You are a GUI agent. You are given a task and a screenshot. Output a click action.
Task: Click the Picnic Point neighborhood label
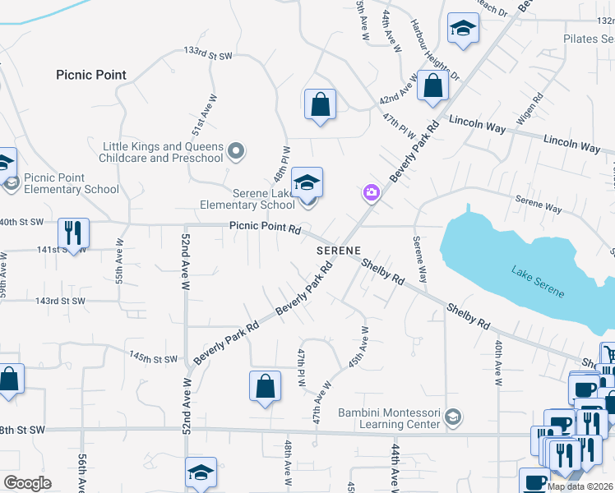click(x=91, y=75)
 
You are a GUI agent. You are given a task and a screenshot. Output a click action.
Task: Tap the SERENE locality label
click(x=339, y=249)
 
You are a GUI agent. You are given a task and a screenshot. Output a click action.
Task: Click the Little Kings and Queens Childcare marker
click(x=237, y=150)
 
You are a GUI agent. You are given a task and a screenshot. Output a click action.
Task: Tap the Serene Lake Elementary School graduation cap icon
click(x=307, y=182)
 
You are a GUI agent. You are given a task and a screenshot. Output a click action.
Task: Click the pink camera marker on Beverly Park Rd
click(x=371, y=192)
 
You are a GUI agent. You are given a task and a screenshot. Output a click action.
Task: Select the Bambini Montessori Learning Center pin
click(x=452, y=418)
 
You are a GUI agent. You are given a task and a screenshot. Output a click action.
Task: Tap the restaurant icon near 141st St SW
click(x=73, y=233)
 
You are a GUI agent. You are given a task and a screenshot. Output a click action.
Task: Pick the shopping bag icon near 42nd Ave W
click(x=432, y=86)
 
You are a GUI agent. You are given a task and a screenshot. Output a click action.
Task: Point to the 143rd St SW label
click(x=60, y=301)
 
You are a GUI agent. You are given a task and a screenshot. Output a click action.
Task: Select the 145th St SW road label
click(x=153, y=358)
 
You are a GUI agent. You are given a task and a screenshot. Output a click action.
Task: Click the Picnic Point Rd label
click(x=265, y=228)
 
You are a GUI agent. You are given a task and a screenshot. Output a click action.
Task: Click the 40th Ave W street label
click(x=497, y=362)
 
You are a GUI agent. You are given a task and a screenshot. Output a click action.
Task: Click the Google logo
click(x=27, y=483)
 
